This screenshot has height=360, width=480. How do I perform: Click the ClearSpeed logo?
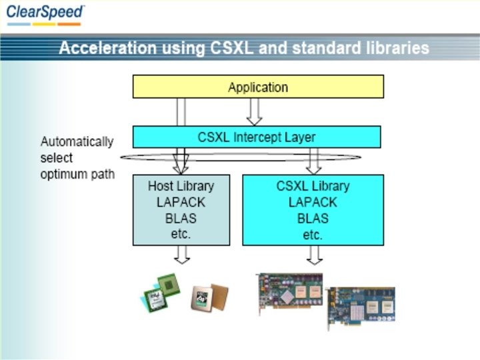click(45, 14)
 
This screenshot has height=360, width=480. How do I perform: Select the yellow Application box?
click(258, 87)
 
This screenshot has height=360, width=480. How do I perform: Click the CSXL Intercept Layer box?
click(257, 137)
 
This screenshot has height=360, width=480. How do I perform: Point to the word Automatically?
click(77, 141)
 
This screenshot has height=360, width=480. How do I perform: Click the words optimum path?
click(77, 175)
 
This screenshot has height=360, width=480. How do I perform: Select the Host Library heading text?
click(181, 185)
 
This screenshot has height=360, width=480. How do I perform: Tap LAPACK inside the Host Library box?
click(181, 202)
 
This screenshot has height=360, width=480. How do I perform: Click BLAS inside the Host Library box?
click(181, 218)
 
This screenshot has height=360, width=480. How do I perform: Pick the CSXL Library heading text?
click(313, 186)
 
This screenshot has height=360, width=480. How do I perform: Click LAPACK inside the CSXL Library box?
click(313, 202)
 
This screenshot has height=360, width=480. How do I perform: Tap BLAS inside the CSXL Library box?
click(313, 218)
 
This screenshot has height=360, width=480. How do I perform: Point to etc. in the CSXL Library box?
click(313, 235)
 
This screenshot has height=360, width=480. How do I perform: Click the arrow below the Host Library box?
click(181, 255)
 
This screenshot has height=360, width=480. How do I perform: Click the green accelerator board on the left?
click(290, 293)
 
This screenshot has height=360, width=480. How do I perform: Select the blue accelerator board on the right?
click(361, 307)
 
